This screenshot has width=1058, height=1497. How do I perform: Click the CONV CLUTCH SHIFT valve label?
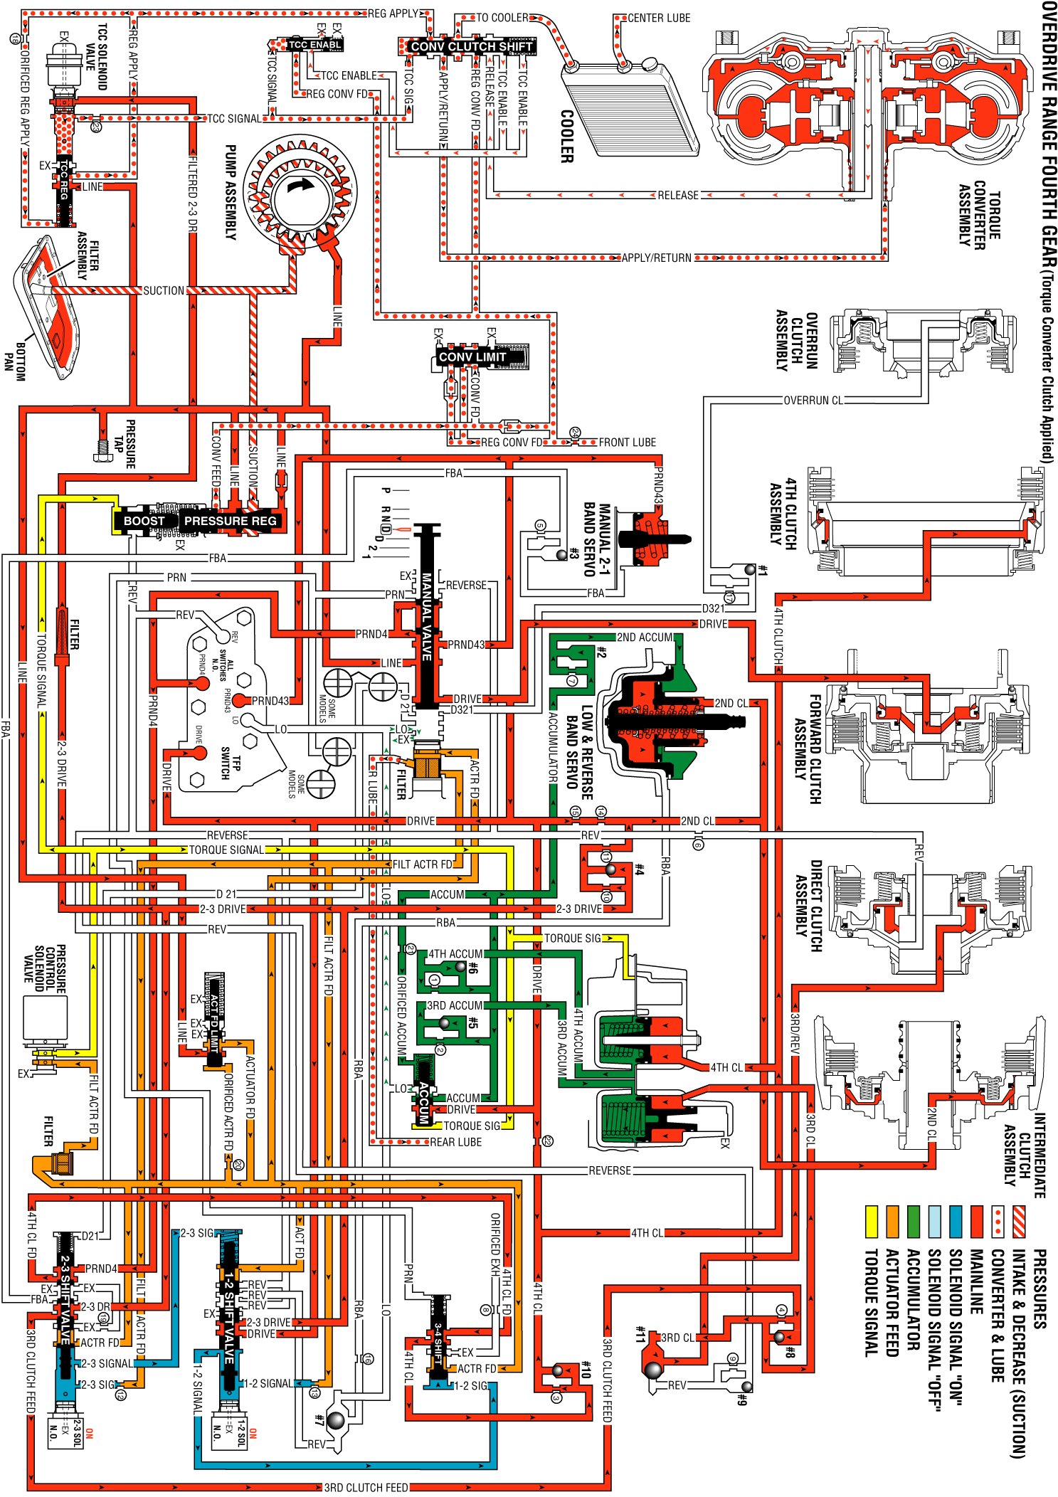click(471, 47)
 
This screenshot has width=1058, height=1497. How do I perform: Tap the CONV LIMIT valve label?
click(472, 356)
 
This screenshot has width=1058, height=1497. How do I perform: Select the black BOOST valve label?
click(144, 521)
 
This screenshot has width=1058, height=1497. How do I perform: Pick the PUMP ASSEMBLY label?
click(230, 192)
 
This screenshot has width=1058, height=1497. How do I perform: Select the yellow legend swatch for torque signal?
click(872, 1219)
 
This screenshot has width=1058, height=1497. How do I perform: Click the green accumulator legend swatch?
click(914, 1219)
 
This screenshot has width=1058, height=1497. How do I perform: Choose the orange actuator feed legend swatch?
click(893, 1219)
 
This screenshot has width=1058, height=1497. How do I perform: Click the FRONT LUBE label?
click(627, 443)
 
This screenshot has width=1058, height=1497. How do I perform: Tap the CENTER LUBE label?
click(659, 18)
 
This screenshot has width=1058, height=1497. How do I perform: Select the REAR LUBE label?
click(455, 1142)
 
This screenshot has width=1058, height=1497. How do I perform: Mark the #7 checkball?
click(335, 1419)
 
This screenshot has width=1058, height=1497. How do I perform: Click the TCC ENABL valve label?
click(314, 45)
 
